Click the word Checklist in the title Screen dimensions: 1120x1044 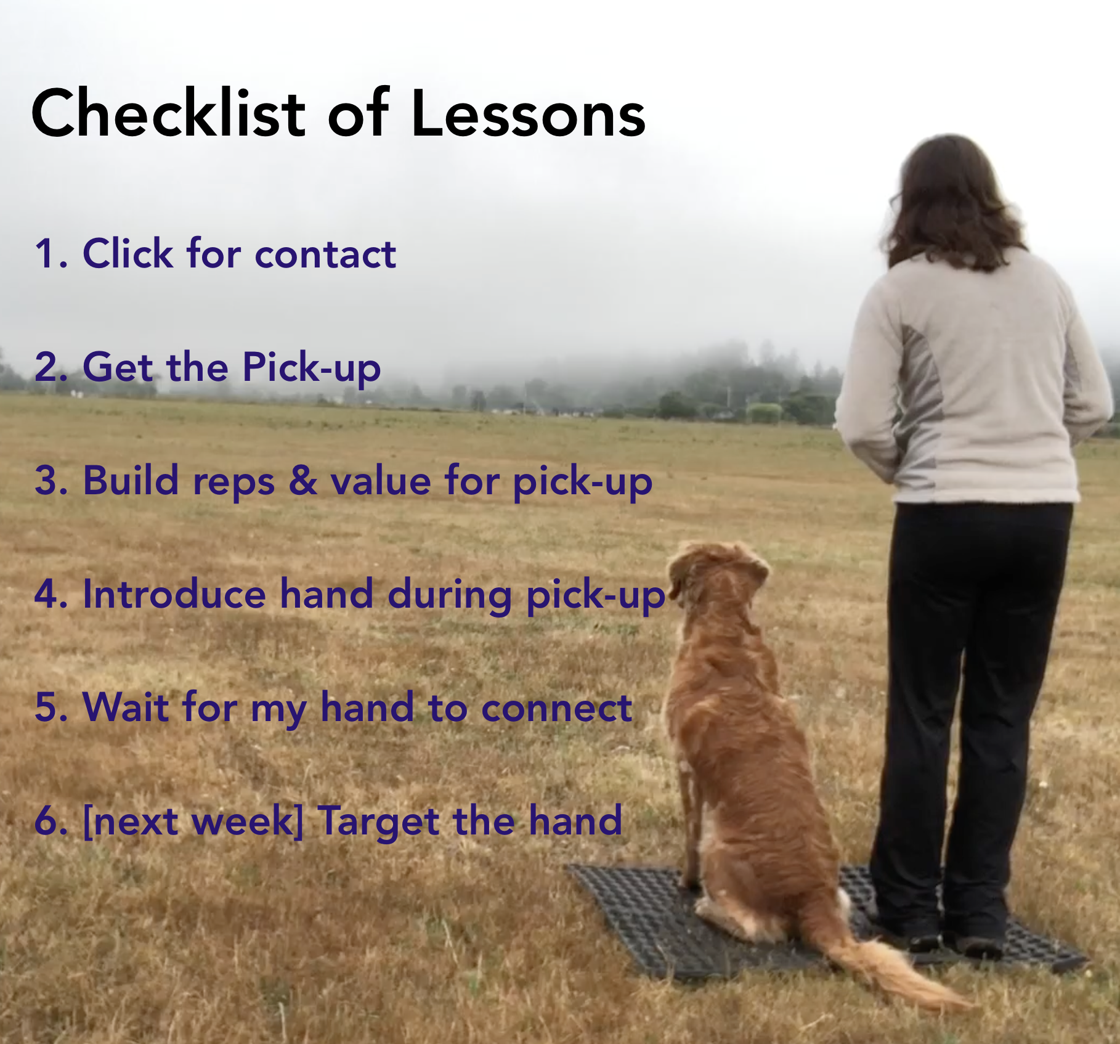168,113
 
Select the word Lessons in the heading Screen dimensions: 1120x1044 528,113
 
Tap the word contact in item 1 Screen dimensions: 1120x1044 325,253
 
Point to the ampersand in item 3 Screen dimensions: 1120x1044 302,481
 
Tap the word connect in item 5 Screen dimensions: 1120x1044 556,708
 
